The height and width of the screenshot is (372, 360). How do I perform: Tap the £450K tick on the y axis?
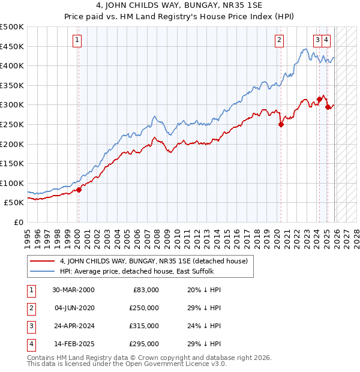click(12, 46)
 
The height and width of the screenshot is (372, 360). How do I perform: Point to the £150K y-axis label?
click(12, 163)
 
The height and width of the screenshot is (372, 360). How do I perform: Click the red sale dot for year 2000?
click(79, 190)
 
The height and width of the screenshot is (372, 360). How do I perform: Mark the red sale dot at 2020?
click(281, 125)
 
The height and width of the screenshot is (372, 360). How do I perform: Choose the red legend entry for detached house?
click(140, 261)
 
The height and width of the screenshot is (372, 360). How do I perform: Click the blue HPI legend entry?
click(136, 271)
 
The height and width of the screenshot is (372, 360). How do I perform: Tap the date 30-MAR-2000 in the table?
click(73, 290)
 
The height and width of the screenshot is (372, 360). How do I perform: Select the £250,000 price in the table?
click(144, 308)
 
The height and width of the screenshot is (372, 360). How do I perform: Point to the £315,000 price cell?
click(144, 326)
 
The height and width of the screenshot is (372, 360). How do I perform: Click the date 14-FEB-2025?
click(73, 344)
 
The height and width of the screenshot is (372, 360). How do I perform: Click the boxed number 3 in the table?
click(30, 326)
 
